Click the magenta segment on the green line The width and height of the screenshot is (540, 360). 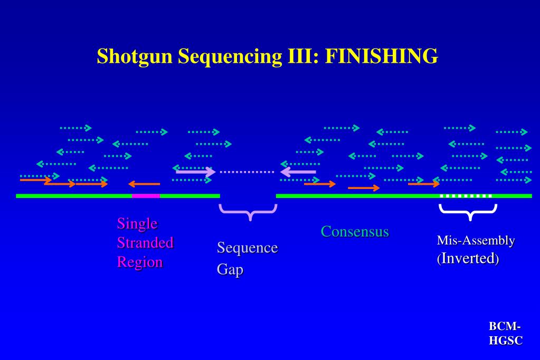146,196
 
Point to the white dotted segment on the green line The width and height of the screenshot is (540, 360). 466,196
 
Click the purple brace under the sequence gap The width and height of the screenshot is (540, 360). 248,212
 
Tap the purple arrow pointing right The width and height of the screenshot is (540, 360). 195,171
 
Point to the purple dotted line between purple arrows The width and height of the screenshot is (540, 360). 247,172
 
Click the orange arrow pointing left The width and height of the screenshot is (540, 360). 144,184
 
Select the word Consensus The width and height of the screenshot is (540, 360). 355,231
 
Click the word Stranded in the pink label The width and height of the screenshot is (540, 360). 145,243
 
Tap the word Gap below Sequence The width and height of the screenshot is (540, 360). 229,269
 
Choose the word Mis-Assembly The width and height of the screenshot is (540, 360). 476,241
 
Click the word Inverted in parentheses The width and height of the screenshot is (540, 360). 469,259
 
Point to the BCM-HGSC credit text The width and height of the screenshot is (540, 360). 505,334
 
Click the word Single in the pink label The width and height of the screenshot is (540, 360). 137,223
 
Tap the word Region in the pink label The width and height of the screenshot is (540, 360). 139,262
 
